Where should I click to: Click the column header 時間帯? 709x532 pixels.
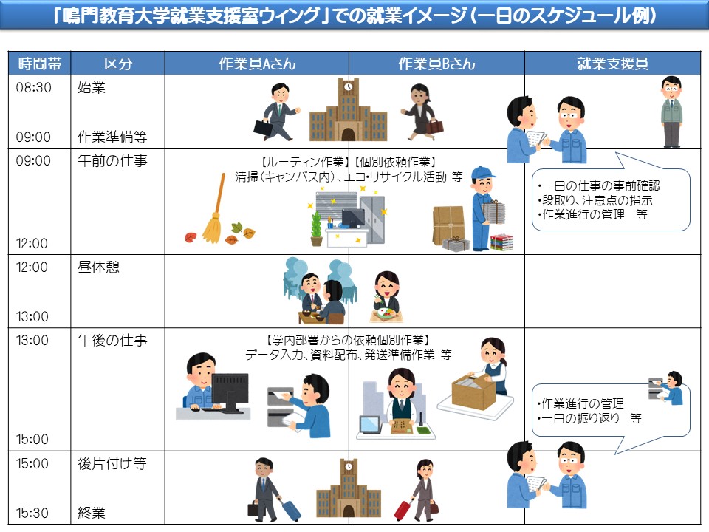[38, 64]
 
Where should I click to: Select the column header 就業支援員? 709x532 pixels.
[612, 64]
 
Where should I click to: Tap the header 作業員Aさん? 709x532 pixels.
[257, 64]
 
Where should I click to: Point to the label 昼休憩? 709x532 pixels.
[98, 267]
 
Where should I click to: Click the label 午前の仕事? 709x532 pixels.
[112, 160]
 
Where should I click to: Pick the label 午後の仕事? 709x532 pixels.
[112, 341]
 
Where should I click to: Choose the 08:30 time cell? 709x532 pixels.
[34, 87]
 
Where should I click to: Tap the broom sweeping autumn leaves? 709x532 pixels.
[213, 214]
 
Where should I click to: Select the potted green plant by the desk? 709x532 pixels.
[316, 228]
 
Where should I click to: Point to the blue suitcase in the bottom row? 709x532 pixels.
[290, 509]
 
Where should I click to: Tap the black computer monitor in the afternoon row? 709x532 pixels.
[230, 392]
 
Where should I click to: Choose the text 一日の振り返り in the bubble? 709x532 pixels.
[583, 418]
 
